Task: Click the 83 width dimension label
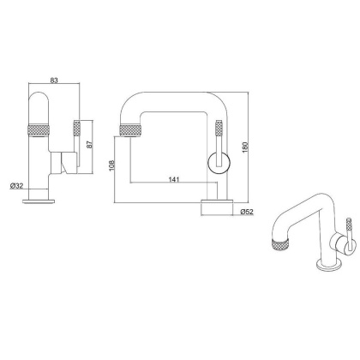pos(54,81)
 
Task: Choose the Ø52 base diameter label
pos(246,211)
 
